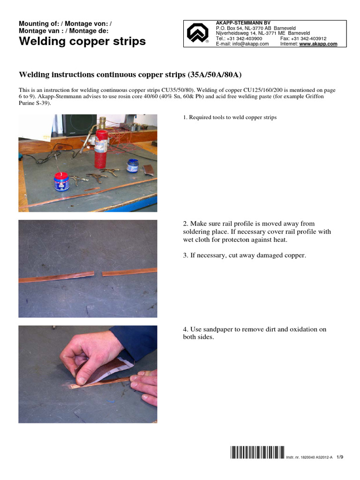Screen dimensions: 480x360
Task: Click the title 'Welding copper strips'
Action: coord(82,42)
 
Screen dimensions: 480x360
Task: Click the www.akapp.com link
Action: coord(318,44)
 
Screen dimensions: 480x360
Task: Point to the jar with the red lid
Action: coord(62,181)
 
